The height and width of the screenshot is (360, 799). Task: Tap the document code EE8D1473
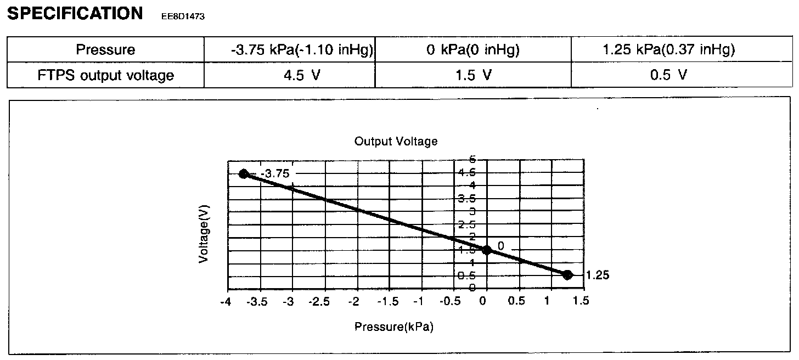point(183,16)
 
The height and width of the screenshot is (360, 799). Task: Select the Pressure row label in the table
point(105,50)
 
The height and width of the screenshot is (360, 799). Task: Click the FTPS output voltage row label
point(105,75)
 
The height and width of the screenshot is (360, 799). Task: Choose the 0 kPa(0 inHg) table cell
point(472,50)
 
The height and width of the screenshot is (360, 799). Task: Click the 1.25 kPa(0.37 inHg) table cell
point(668,50)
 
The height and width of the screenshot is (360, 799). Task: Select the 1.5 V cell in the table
point(472,75)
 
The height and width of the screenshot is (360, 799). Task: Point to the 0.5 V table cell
point(668,75)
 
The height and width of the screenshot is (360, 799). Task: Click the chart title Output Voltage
point(396,142)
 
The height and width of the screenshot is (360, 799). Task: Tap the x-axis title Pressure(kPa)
point(393,327)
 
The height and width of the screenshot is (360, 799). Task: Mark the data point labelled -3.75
point(244,174)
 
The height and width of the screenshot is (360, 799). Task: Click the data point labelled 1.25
point(567,275)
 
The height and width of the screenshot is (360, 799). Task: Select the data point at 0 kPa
point(486,250)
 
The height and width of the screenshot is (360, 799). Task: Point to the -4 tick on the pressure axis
point(225,301)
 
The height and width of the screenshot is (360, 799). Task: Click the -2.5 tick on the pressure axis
point(323,301)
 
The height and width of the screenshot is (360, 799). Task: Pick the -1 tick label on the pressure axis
point(420,301)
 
